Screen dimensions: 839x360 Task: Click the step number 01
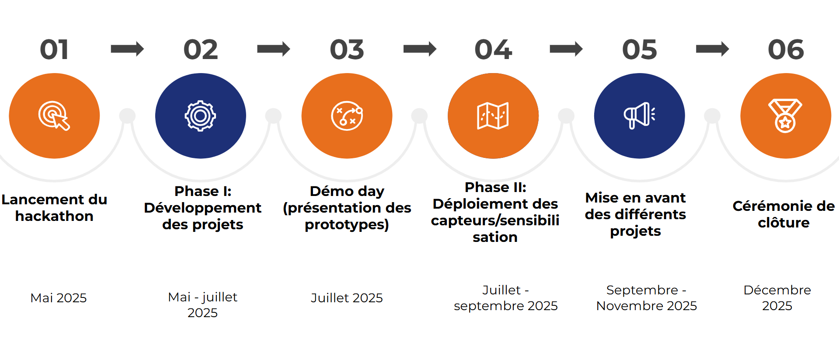coord(54,49)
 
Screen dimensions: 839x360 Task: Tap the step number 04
coord(493,49)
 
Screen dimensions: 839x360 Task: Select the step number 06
coord(786,49)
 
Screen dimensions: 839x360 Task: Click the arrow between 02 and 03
coord(274,49)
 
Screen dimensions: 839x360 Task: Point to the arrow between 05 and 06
coord(713,49)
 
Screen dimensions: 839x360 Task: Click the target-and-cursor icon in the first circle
coord(54,116)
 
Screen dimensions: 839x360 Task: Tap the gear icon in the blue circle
coord(201,116)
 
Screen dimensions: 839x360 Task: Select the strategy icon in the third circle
coord(347,116)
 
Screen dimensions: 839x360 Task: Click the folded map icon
coord(493,116)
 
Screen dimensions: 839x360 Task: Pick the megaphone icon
coord(639,116)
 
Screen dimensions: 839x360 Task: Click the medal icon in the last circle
coord(785,116)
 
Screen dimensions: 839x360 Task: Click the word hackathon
coord(54,216)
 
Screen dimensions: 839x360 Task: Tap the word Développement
coord(202,208)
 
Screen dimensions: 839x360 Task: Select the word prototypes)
coord(347,225)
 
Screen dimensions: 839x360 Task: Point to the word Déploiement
coord(495,204)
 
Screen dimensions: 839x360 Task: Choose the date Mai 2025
coord(59,298)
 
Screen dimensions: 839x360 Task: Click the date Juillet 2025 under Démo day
coord(347,298)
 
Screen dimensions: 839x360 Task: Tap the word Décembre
coord(777,290)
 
